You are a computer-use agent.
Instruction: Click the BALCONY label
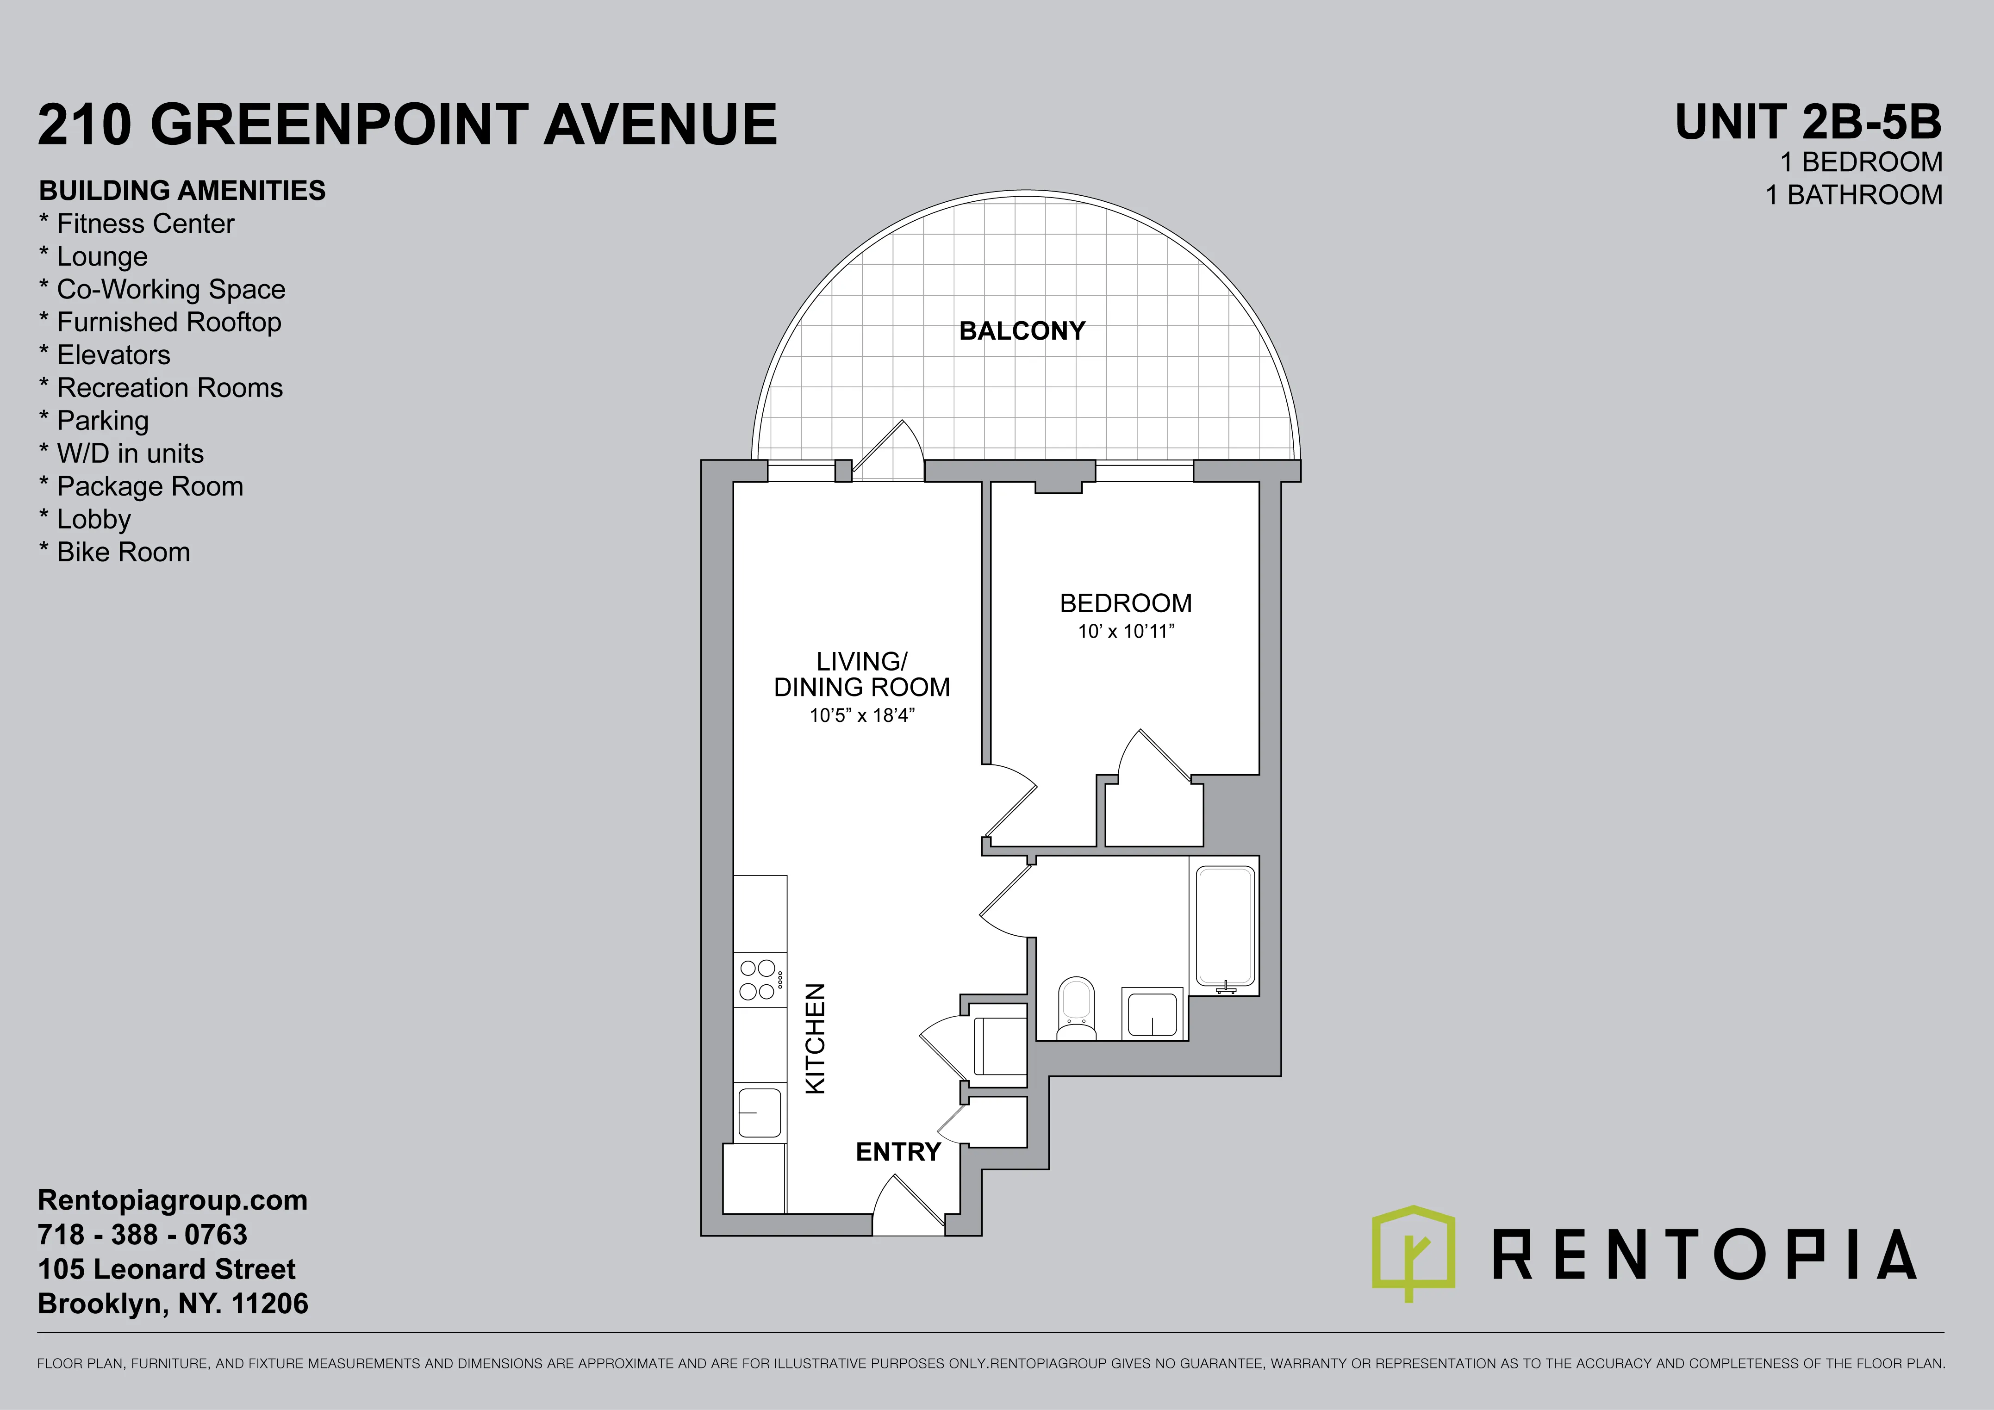tap(1022, 331)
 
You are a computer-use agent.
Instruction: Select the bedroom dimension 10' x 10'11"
tap(1126, 631)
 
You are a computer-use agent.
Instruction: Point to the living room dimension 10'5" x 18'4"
tap(861, 715)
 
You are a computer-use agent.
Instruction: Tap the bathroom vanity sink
tap(1153, 1013)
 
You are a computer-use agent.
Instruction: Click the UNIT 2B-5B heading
tap(1808, 123)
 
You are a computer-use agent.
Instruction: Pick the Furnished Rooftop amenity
tap(161, 322)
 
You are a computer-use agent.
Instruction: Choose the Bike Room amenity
tap(115, 552)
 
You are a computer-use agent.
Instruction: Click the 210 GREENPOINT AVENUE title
tap(407, 124)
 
